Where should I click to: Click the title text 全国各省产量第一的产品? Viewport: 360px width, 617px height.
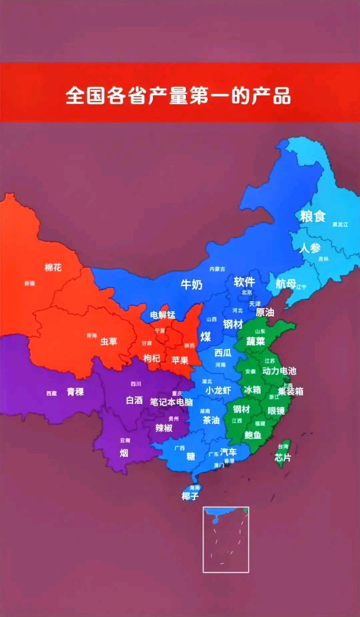pos(178,95)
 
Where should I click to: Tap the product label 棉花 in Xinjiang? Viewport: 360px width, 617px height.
pos(53,267)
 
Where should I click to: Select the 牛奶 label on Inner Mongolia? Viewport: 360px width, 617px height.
pos(191,284)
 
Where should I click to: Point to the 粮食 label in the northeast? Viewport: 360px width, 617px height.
pos(313,216)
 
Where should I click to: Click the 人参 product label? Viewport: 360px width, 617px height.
pos(309,249)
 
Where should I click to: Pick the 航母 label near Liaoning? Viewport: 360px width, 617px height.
pos(285,284)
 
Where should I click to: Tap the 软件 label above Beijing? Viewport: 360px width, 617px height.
pos(244,282)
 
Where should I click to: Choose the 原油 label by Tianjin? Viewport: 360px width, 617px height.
pos(265,312)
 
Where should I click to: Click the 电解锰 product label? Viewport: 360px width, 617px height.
pos(162,315)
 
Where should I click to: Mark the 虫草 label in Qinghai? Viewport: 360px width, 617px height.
pos(108,342)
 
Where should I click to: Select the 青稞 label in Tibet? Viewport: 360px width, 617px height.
pos(75,392)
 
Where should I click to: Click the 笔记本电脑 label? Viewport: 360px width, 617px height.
pos(171,402)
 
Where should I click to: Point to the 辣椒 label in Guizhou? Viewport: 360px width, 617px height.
pos(164,428)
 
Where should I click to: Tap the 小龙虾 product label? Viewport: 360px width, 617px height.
pos(218,390)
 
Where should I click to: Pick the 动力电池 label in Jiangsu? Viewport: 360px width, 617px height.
pos(279,371)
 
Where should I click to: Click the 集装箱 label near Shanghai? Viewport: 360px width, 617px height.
pos(291,391)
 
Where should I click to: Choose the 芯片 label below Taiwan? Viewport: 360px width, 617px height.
pos(283,457)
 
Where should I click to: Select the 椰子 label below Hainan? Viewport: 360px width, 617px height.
pos(190,496)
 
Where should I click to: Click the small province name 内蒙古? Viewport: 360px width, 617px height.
pos(217,269)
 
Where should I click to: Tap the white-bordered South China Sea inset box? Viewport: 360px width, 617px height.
pos(226,539)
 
